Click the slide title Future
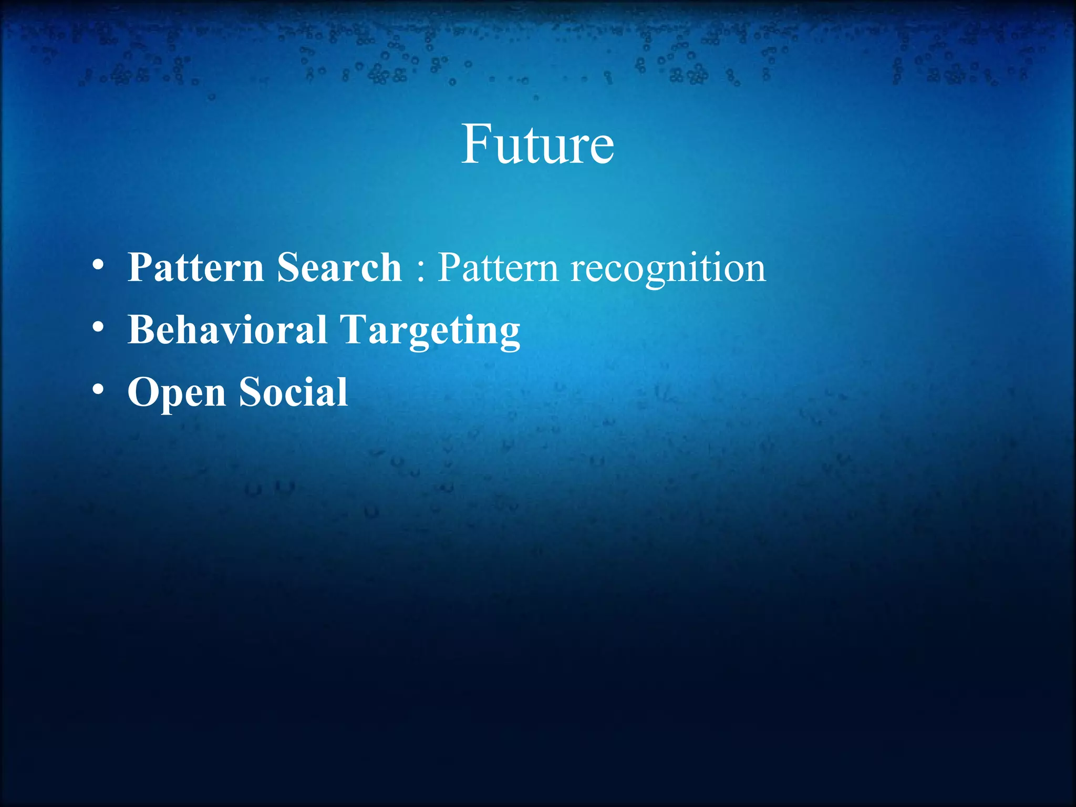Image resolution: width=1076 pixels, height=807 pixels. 537,144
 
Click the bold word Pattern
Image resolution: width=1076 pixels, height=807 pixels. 195,267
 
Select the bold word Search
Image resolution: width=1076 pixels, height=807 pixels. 339,267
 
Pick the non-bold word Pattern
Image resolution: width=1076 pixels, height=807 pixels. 498,267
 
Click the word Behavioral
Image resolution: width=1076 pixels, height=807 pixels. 227,330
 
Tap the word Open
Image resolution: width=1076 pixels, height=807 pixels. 177,393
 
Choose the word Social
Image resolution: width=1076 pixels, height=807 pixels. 293,392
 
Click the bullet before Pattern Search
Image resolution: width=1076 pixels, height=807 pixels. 98,266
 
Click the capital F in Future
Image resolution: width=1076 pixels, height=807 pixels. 476,144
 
